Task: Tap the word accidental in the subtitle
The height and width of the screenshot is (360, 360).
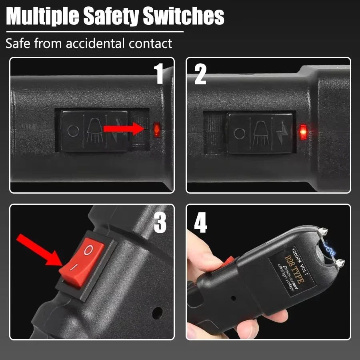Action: (x=96, y=43)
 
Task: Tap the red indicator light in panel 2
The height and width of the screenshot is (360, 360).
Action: (x=303, y=132)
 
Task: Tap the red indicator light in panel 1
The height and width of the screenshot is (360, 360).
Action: (x=156, y=128)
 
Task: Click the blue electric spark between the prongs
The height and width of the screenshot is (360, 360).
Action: (x=330, y=250)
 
